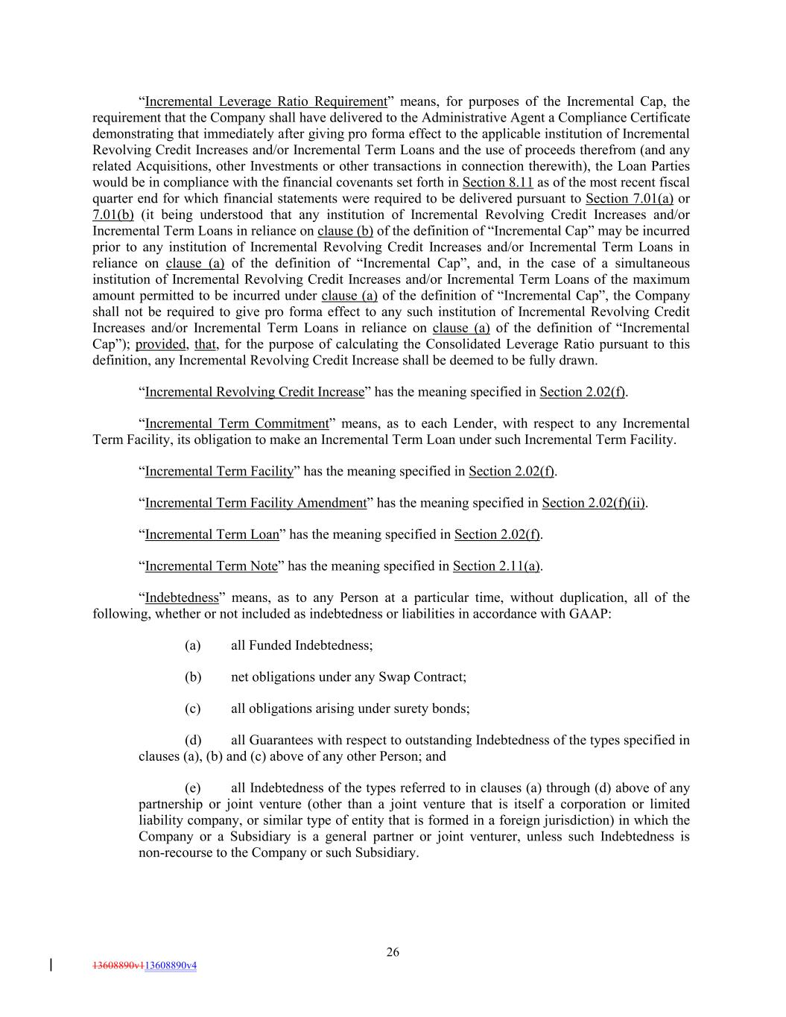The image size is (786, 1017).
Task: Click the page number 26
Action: (393, 951)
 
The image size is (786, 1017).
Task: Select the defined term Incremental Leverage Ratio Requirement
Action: (266, 101)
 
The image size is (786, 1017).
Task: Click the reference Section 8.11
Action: (498, 183)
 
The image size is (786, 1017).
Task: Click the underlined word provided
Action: (160, 344)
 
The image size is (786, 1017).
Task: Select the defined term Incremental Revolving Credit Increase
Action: (255, 392)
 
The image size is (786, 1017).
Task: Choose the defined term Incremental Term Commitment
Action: (237, 424)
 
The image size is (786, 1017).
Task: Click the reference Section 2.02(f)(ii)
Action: (594, 503)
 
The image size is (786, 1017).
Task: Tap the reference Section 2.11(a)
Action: (496, 566)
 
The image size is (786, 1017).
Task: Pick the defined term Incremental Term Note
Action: (211, 566)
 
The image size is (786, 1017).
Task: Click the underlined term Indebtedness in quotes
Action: (182, 598)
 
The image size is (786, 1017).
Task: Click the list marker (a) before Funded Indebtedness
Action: (193, 645)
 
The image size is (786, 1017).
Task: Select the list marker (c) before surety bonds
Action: (193, 709)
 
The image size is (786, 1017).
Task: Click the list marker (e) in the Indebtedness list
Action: (193, 788)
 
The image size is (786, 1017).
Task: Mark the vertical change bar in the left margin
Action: (51, 965)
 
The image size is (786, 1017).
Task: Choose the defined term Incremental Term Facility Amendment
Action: (256, 503)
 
